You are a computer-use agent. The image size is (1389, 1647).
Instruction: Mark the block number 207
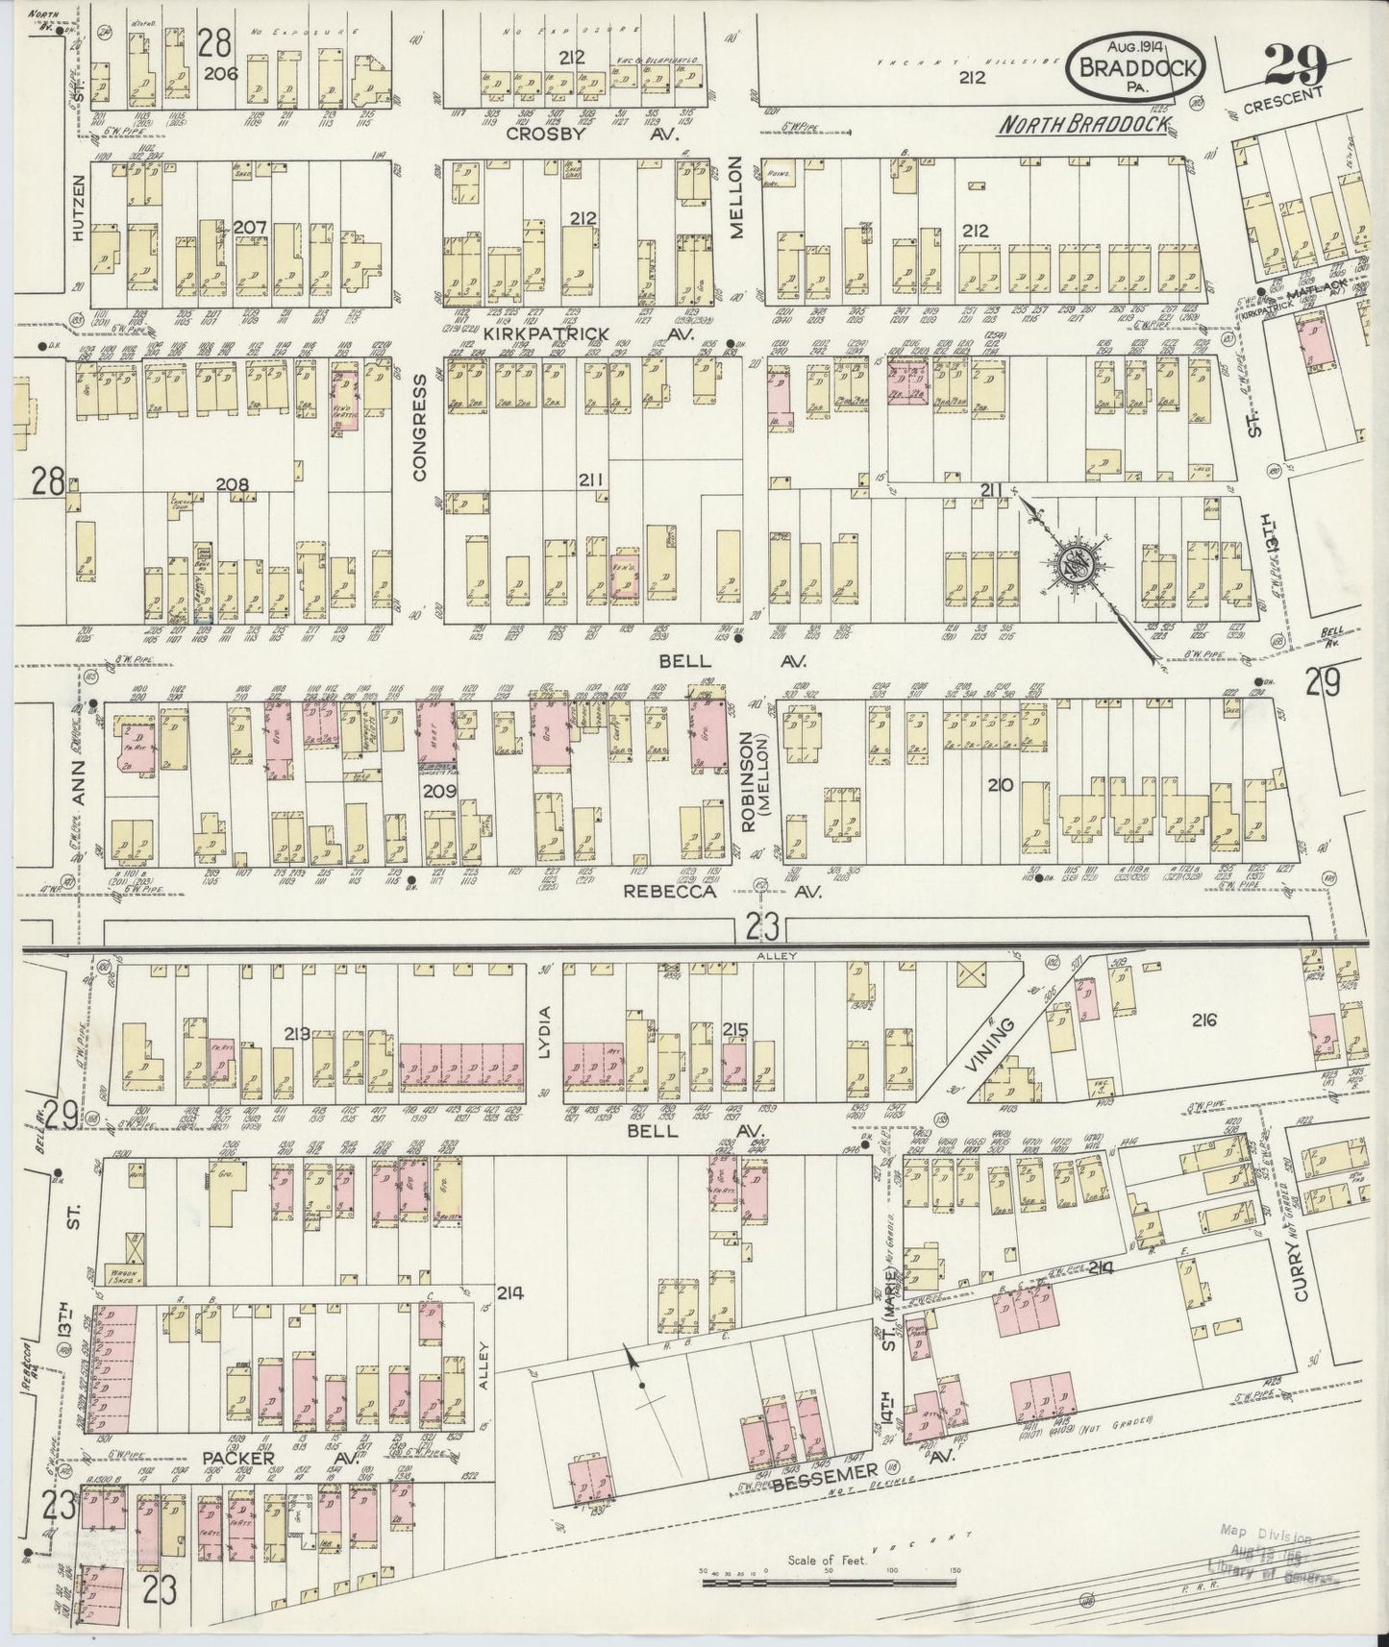point(249,227)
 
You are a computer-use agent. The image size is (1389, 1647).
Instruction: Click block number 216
point(1203,1020)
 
